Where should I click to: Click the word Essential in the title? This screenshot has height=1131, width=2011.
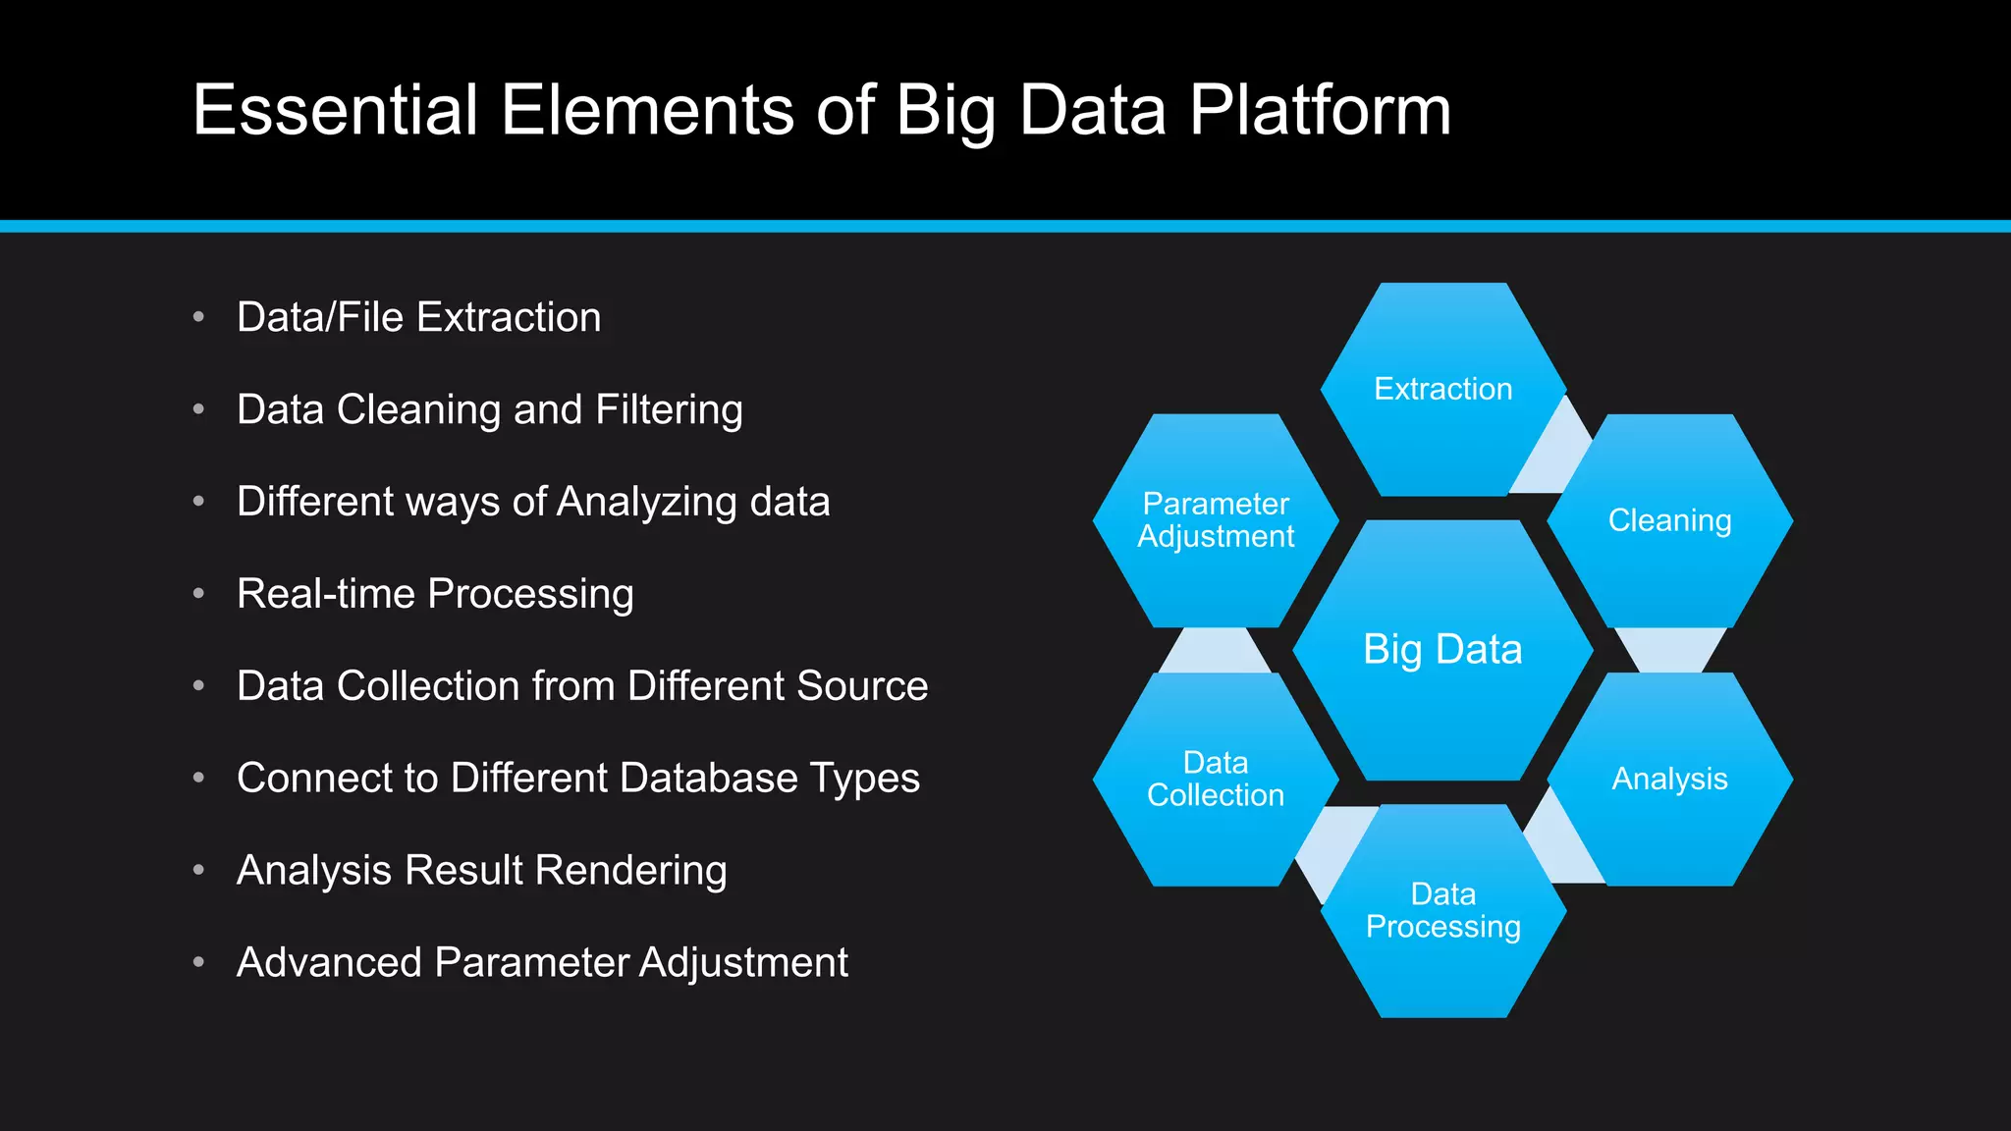(x=335, y=110)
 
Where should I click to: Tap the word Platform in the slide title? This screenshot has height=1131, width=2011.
(x=1320, y=110)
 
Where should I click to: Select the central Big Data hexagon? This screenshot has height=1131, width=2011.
(x=1442, y=650)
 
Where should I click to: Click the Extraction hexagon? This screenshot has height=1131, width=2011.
(x=1442, y=389)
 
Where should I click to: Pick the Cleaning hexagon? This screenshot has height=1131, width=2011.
(x=1669, y=520)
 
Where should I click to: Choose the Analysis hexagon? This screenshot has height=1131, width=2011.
(x=1669, y=779)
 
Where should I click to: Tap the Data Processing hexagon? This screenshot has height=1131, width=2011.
(x=1442, y=910)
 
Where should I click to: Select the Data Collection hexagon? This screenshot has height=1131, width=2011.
(x=1216, y=779)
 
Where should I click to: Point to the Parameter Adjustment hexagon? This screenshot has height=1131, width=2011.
(x=1216, y=520)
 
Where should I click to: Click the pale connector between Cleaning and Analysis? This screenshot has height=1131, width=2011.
(x=1669, y=649)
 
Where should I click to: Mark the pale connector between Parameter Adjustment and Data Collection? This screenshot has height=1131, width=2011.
(x=1215, y=650)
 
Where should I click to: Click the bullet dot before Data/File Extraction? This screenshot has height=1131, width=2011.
(x=199, y=317)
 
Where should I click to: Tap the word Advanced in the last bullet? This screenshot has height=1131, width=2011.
(x=329, y=963)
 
